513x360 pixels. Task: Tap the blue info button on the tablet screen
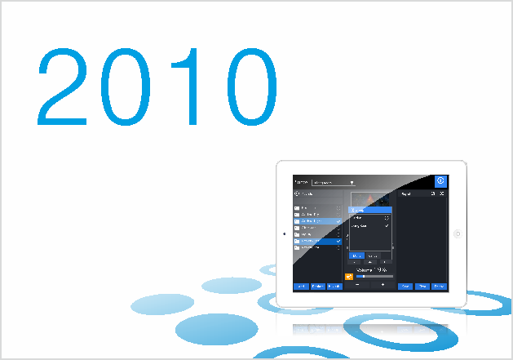coord(440,181)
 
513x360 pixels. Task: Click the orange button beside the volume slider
coord(348,276)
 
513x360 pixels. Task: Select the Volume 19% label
coord(372,268)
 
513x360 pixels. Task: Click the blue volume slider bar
coord(374,276)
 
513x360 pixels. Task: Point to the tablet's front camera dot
coord(283,234)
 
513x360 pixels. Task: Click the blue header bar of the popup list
coord(371,211)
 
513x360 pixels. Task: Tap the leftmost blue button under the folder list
coord(300,287)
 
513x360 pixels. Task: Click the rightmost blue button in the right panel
coord(440,287)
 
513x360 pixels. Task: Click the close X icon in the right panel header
coord(442,194)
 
